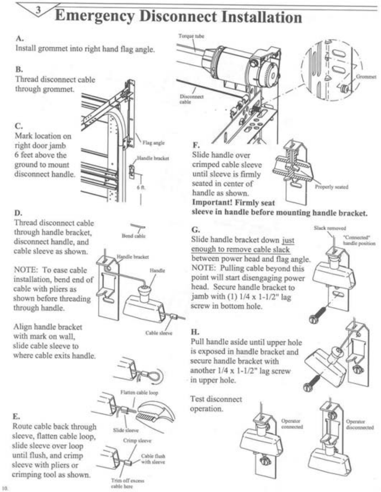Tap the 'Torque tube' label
pos(191,36)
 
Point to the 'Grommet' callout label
pos(366,77)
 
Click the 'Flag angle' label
pos(153,143)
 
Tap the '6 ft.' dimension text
pos(141,187)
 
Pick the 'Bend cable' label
pos(133,236)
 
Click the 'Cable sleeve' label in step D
pos(159,333)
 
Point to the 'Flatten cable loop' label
pos(139,393)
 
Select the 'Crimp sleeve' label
pos(137,441)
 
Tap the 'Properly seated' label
pos(331,187)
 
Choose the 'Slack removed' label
pos(330,228)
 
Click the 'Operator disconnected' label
pos(360,424)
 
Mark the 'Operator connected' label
pos(292,424)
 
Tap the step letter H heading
pos(195,332)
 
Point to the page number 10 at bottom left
pos(4,488)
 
